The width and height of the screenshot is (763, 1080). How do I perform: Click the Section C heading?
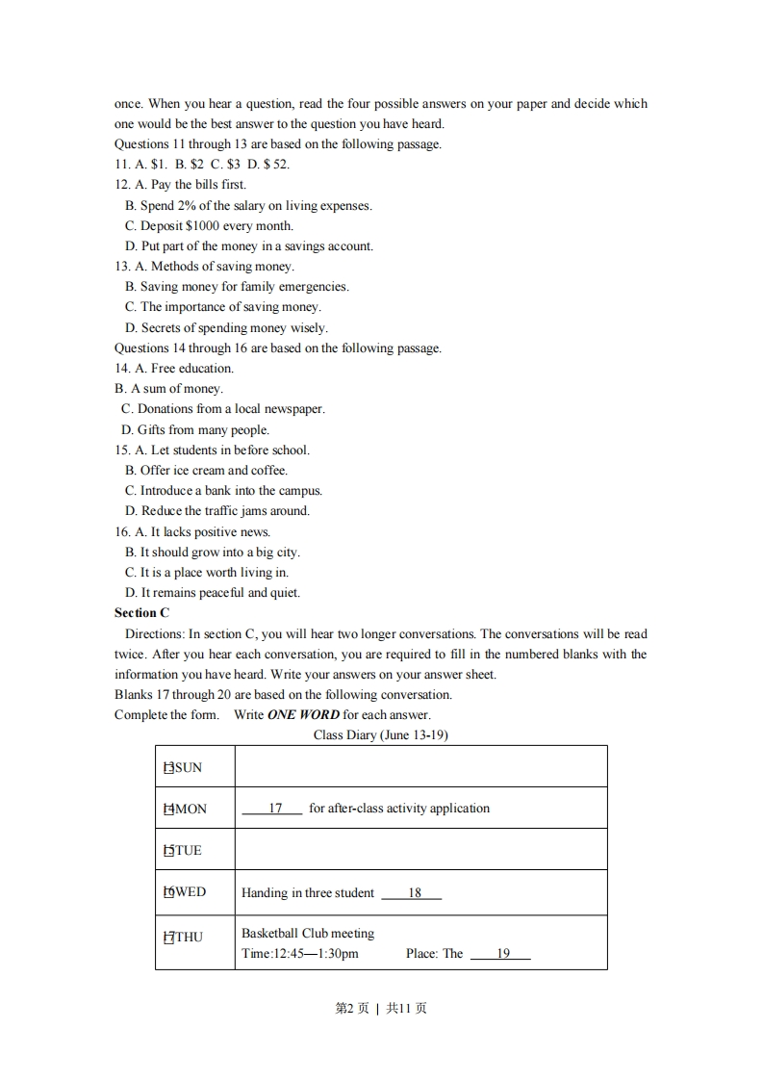coord(141,613)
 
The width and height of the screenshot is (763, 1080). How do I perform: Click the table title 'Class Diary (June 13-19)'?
coord(381,735)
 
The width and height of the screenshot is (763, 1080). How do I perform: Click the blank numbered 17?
coord(273,809)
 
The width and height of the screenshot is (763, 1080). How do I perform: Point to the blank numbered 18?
coord(413,893)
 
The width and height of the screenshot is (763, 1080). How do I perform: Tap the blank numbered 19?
coord(501,954)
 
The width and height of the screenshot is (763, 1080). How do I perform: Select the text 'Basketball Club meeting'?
coord(308,934)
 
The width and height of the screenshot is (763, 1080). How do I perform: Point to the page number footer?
coord(381,1009)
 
